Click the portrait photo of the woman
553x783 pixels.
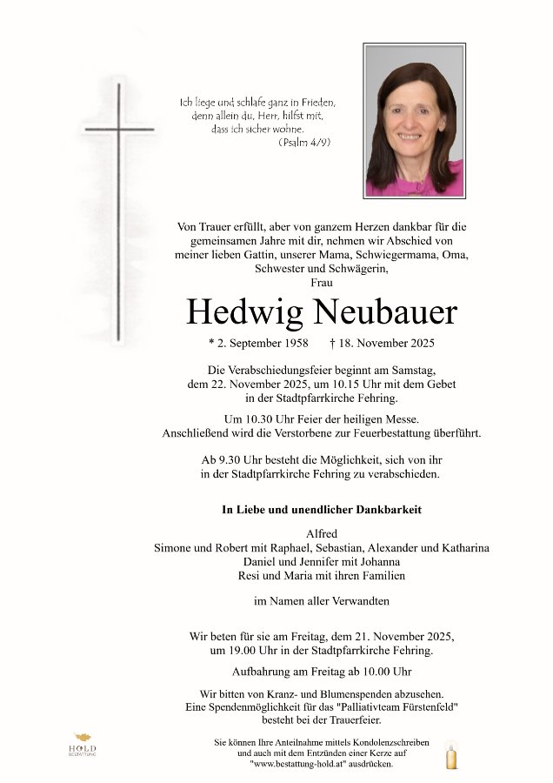[414, 120]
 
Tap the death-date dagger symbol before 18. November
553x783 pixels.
[334, 343]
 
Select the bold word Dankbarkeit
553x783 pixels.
[386, 510]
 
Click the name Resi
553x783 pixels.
[250, 575]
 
